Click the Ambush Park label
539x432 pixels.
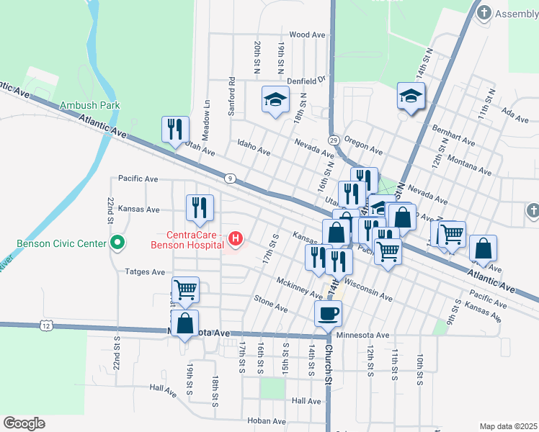pyautogui.click(x=90, y=105)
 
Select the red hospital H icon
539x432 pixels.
pyautogui.click(x=235, y=238)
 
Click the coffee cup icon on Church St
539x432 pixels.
pyautogui.click(x=329, y=313)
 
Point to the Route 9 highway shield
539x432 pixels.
pyautogui.click(x=229, y=178)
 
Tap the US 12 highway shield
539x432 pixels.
pyautogui.click(x=47, y=326)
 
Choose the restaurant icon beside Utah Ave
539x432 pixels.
pyautogui.click(x=175, y=130)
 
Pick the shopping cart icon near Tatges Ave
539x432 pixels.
pyautogui.click(x=185, y=289)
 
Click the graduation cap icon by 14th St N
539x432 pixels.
pyautogui.click(x=411, y=95)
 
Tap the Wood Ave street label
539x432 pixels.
pyautogui.click(x=308, y=35)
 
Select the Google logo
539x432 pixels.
pyautogui.click(x=24, y=423)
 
